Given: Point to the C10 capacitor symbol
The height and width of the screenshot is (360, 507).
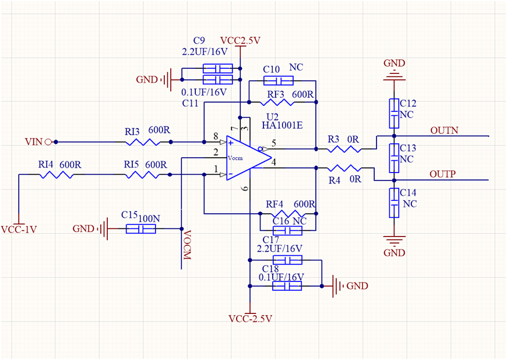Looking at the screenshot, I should coord(277,80).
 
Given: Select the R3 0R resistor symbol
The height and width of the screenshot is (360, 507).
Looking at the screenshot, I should coord(345,150).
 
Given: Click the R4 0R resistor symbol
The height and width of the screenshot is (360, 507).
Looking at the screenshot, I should coord(345,168).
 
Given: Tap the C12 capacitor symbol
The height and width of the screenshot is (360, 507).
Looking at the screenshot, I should coord(395,113).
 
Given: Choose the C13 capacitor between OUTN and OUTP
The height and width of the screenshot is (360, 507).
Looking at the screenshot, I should coord(395,158).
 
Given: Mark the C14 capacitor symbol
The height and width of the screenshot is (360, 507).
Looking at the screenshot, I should coord(395,203).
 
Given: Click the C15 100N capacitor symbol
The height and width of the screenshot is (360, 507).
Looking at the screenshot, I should coord(141,229).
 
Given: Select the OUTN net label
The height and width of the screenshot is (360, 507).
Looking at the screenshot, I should coord(443,130).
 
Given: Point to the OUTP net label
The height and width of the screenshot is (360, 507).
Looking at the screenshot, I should coord(442,174).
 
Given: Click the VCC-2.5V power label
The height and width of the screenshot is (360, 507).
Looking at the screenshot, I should coord(251,319).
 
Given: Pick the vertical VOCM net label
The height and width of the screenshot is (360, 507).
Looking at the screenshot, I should coord(188,245).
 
